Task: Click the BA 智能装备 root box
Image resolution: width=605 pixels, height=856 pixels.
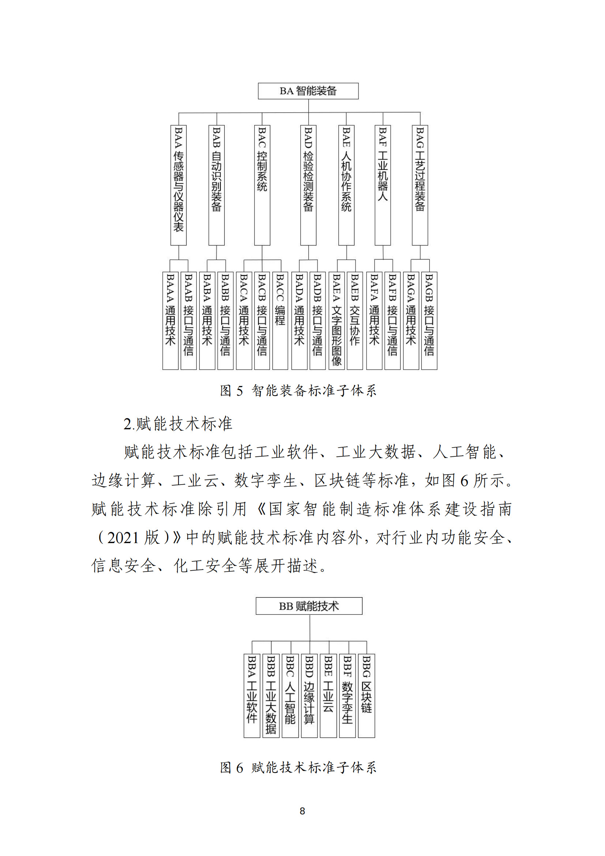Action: pos(308,91)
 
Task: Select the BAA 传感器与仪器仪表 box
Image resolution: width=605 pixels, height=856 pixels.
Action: pos(179,185)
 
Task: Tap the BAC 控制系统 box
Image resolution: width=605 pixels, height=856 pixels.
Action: pos(262,185)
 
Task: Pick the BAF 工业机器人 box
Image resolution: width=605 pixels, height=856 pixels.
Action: pos(383,185)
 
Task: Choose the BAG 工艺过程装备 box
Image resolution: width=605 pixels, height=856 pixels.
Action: pos(420,185)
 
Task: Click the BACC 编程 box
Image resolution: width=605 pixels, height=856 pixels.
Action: pos(280,321)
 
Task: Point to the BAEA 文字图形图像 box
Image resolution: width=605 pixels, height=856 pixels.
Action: pos(337,321)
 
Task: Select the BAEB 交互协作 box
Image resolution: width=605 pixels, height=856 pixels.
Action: pos(355,321)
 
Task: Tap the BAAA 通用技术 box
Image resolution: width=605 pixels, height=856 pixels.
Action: pos(170,321)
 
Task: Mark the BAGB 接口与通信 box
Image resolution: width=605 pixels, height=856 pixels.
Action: pos(429,321)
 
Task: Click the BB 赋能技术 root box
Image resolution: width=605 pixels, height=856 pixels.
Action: pos(309,606)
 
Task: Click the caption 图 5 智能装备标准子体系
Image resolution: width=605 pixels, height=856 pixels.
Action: pos(298,391)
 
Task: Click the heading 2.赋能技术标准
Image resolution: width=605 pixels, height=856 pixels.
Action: pos(178,424)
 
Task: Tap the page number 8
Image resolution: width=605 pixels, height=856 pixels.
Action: pos(302,811)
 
